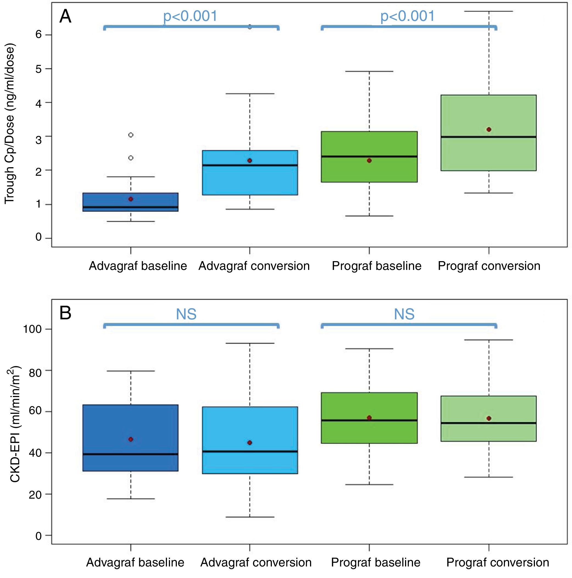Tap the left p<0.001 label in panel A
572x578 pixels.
[190, 16]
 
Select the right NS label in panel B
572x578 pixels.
[404, 314]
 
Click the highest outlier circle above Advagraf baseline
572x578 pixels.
[131, 135]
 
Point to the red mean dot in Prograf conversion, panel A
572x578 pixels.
[489, 130]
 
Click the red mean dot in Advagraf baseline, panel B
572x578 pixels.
[131, 439]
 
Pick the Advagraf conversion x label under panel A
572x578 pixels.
[254, 266]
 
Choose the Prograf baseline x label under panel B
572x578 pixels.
[375, 562]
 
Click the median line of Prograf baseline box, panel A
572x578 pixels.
[369, 156]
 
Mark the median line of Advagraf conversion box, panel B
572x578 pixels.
[250, 451]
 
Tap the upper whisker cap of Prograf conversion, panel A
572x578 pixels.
[489, 11]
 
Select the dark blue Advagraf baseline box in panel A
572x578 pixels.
[131, 202]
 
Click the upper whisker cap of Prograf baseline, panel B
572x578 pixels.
[369, 349]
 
